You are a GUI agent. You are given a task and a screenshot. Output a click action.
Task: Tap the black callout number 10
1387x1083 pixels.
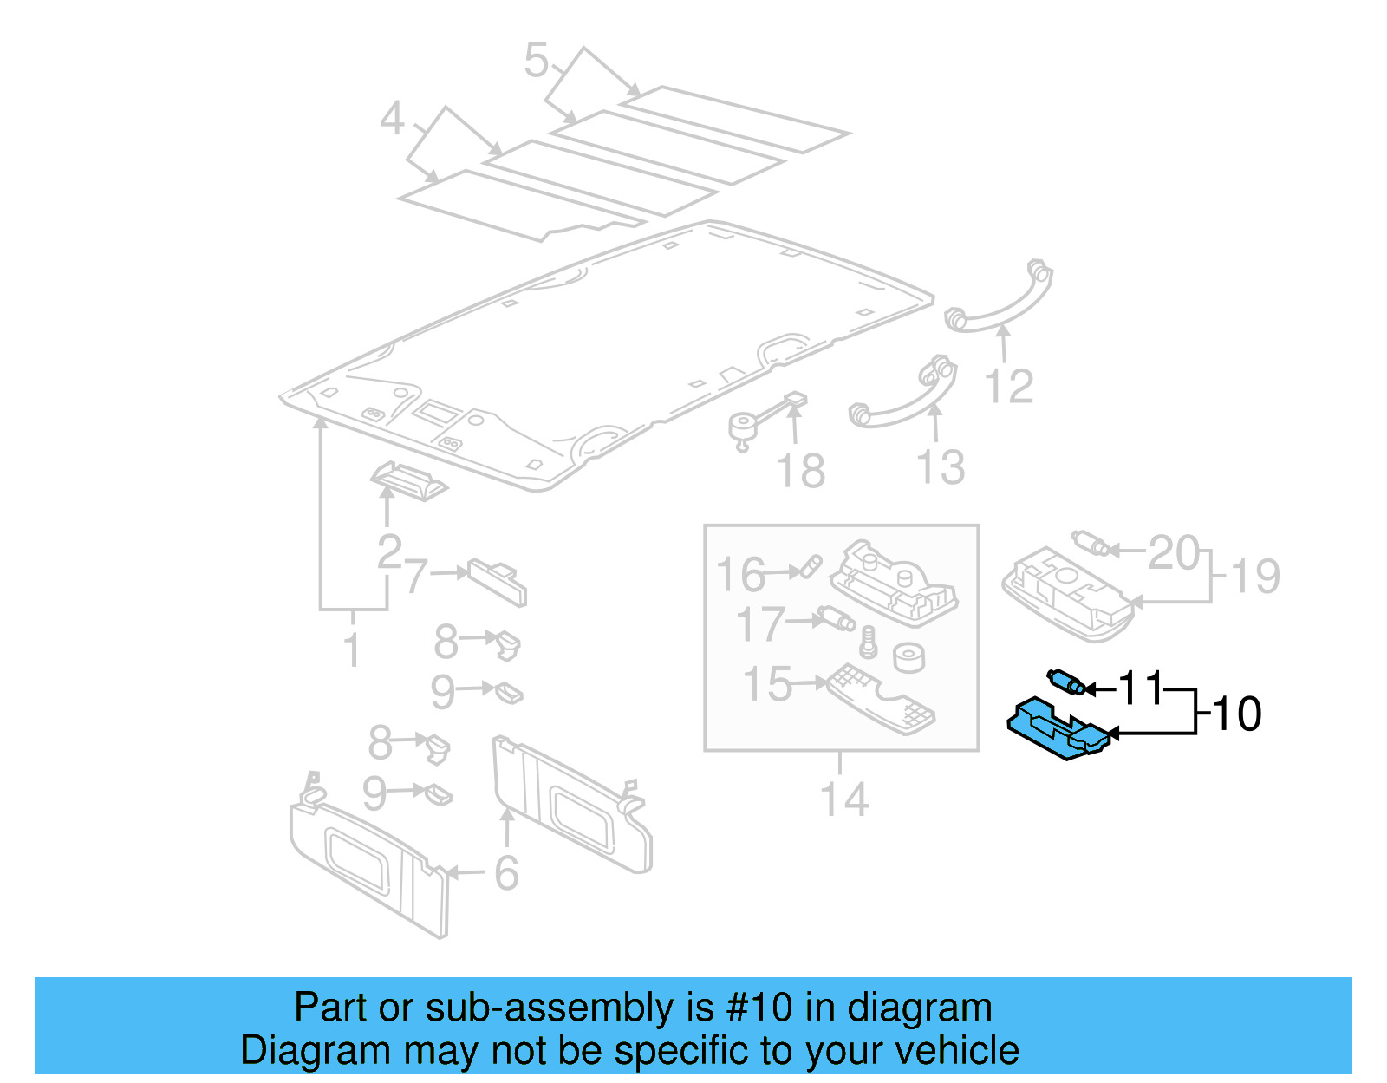coord(1237,714)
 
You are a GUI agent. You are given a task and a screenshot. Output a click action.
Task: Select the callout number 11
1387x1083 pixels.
coord(1140,688)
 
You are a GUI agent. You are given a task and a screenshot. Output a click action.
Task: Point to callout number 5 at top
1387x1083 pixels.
coord(537,61)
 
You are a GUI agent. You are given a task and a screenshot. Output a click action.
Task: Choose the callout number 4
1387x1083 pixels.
coord(392,119)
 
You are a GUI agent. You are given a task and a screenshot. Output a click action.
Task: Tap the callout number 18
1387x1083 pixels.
coord(800,472)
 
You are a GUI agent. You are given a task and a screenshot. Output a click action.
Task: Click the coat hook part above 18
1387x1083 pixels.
coord(763,420)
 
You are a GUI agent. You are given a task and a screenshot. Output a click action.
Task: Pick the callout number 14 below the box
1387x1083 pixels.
coord(843,799)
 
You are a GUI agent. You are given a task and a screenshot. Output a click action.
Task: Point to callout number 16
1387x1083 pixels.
coord(740,575)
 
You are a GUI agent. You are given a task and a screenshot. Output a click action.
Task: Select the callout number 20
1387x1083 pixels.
coord(1173,552)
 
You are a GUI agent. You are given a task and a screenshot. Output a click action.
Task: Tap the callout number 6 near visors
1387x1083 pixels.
coord(506,872)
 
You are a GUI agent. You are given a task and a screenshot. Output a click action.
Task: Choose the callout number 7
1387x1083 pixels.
coord(416,575)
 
